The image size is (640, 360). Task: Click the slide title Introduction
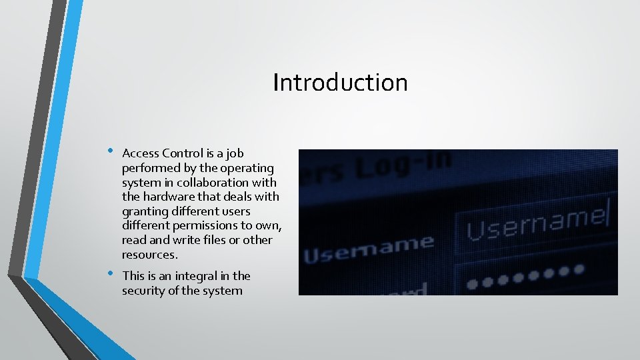[x=340, y=83]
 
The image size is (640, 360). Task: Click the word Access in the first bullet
[x=141, y=153]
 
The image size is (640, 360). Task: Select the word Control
[x=182, y=153]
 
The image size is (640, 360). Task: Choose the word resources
[x=149, y=255]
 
